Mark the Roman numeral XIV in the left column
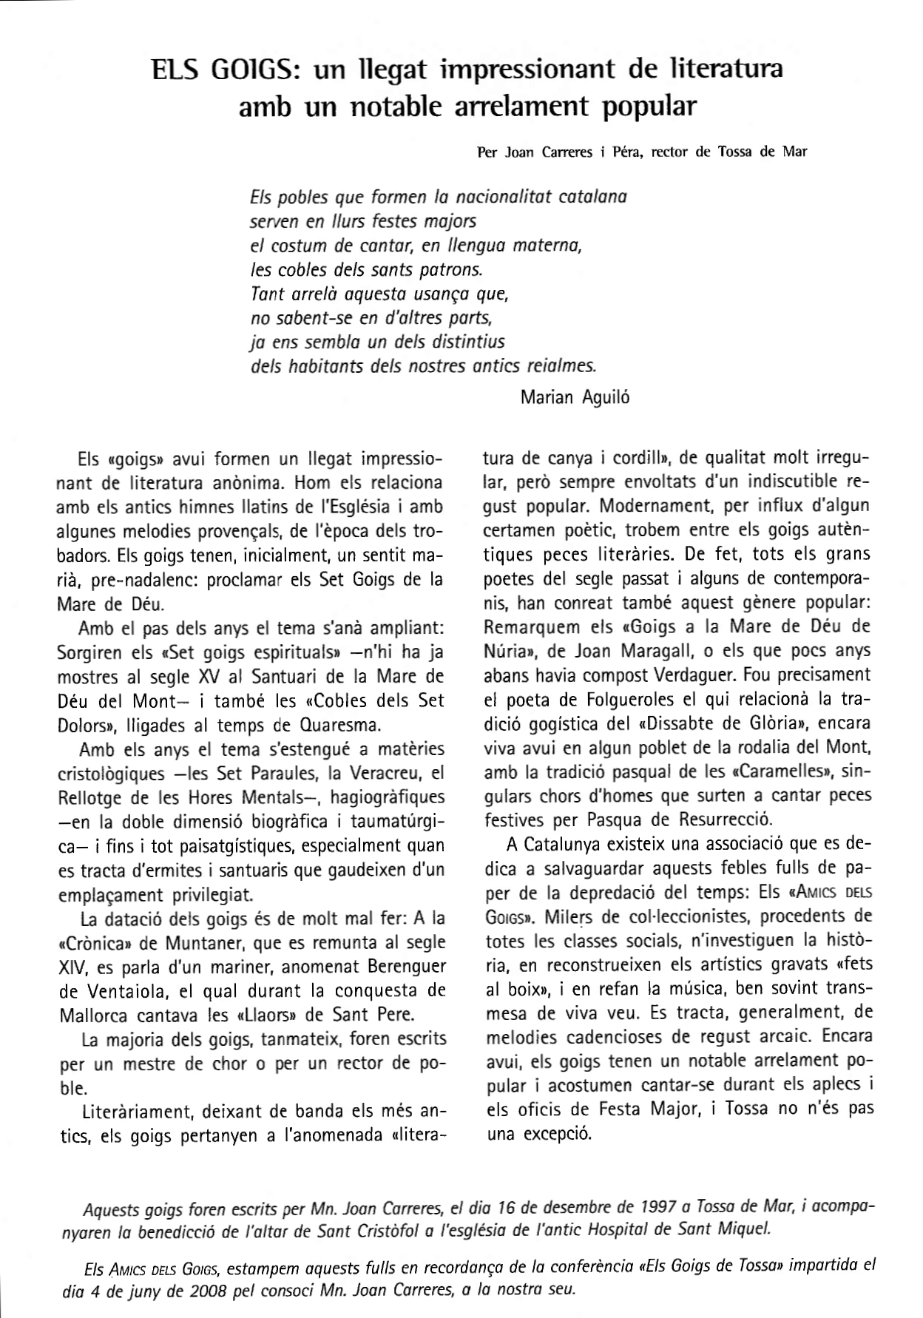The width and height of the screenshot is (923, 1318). [x=70, y=967]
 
